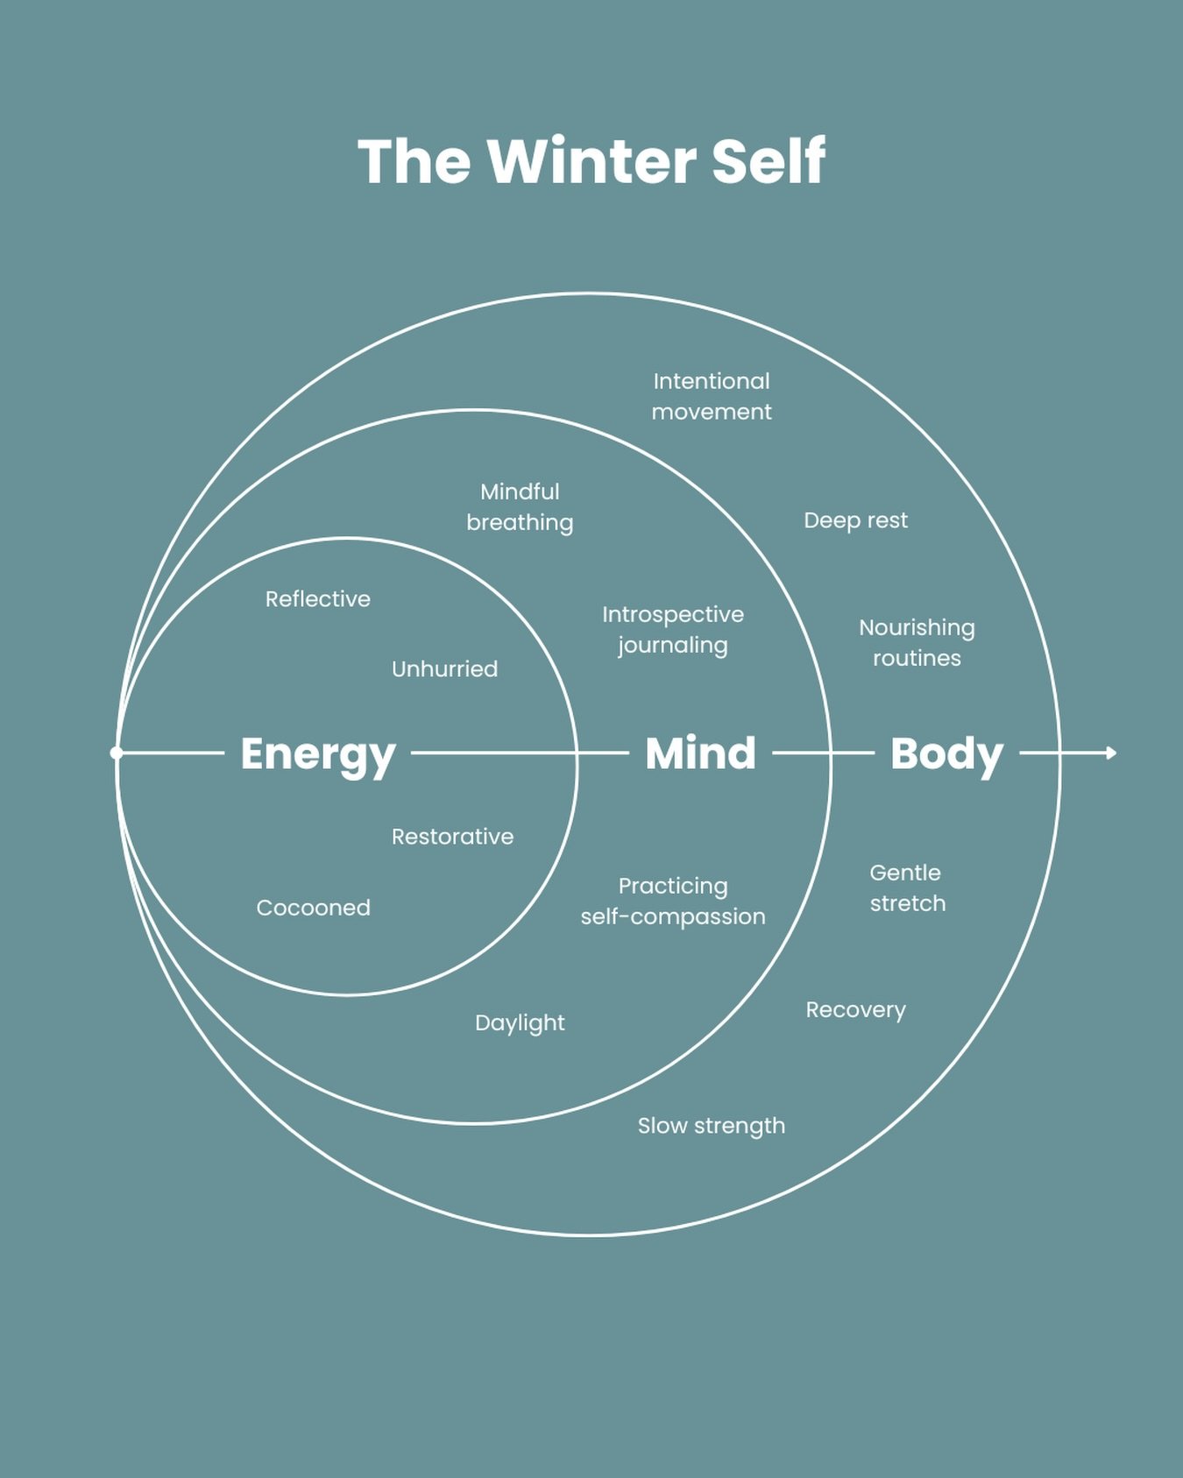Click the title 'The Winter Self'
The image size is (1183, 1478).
591,161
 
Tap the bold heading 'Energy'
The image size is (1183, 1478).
317,753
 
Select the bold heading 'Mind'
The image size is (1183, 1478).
700,753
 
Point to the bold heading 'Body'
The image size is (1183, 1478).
946,753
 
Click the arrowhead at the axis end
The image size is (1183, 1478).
1111,753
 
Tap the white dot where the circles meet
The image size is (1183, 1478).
117,753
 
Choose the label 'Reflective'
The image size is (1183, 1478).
318,599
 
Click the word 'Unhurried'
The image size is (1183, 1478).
444,669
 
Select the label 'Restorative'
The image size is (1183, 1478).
452,837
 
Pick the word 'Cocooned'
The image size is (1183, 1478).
313,908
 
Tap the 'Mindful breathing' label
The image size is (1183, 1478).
520,507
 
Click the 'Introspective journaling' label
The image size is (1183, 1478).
673,630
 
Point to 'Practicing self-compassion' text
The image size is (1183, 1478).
673,902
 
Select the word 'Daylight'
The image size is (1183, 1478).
520,1023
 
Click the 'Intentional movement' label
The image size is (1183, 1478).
712,396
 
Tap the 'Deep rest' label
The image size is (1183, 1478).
855,520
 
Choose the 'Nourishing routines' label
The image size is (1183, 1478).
917,643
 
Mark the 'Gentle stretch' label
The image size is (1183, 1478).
907,888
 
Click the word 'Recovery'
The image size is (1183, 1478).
855,1010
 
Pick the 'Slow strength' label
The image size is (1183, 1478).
711,1126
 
